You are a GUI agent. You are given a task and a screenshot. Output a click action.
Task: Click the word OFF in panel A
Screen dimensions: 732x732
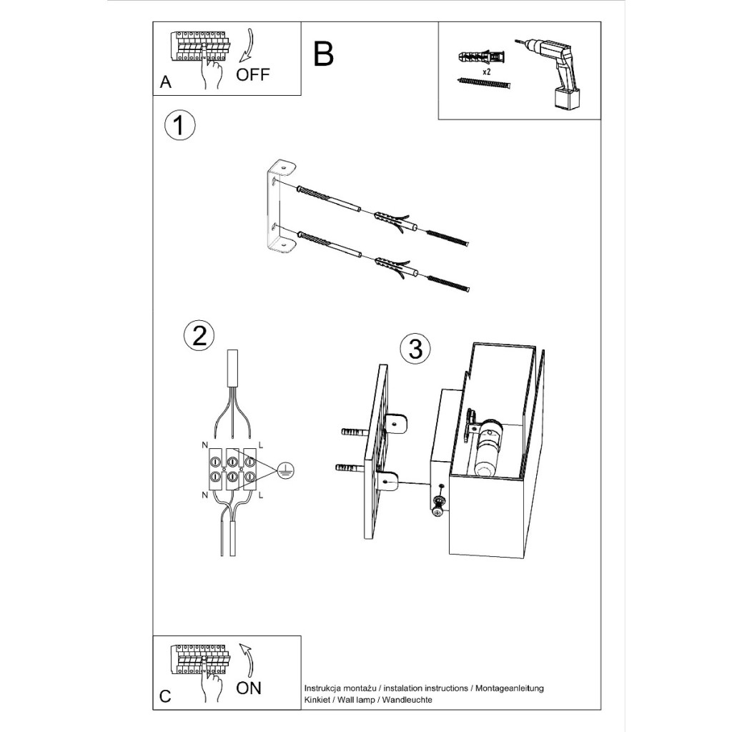[x=252, y=74]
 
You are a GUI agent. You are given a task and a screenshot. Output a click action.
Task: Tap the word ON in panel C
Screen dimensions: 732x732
[x=248, y=688]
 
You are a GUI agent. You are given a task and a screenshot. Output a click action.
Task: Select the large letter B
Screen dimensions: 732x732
[x=323, y=54]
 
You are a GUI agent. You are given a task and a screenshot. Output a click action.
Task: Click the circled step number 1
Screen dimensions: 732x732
[x=179, y=124]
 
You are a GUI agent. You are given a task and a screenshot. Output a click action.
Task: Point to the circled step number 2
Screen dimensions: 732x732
[x=199, y=336]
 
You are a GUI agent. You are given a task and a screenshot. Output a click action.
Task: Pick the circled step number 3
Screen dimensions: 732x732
[x=415, y=348]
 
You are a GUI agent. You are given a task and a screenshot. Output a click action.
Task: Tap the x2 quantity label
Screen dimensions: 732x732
[x=486, y=72]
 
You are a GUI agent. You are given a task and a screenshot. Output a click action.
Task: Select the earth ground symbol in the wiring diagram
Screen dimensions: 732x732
[x=285, y=472]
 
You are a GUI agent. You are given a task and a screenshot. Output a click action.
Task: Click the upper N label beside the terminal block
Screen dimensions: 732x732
[x=204, y=445]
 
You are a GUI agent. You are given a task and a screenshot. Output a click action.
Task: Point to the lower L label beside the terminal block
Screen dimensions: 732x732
[x=260, y=495]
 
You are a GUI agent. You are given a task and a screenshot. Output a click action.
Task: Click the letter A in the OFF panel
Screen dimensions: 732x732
[x=166, y=82]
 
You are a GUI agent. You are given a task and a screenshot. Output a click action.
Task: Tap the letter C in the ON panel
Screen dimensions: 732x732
[x=165, y=696]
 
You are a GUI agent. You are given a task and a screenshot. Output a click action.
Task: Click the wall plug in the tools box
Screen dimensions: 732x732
[x=483, y=57]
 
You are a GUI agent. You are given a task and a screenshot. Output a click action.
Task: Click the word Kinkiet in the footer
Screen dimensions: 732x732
[x=316, y=700]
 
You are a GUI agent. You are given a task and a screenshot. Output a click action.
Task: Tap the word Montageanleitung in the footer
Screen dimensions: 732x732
[x=510, y=688]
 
